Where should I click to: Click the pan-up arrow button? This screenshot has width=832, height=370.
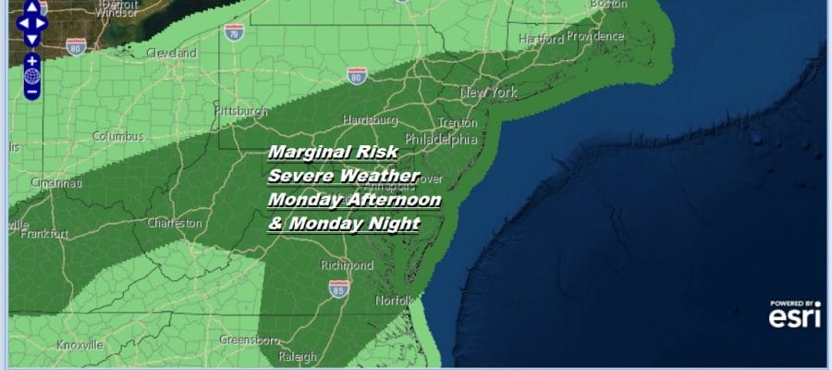click(x=31, y=6)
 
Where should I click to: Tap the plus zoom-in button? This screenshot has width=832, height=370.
click(x=31, y=60)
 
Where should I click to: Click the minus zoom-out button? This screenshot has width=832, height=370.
click(x=31, y=92)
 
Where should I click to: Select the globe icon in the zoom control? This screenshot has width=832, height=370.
click(x=31, y=76)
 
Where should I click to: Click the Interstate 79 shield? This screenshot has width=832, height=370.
click(x=234, y=31)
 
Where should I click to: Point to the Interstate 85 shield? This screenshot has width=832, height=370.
click(x=339, y=289)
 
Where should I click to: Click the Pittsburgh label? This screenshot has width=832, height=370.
click(x=239, y=111)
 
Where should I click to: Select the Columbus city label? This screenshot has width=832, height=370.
click(x=118, y=136)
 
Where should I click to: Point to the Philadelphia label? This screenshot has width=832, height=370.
click(x=441, y=140)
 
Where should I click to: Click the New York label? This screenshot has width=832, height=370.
click(x=488, y=92)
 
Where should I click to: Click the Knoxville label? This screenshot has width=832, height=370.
click(x=80, y=344)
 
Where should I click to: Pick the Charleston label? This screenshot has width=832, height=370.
click(x=175, y=223)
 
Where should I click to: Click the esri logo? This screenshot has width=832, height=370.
click(x=794, y=315)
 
